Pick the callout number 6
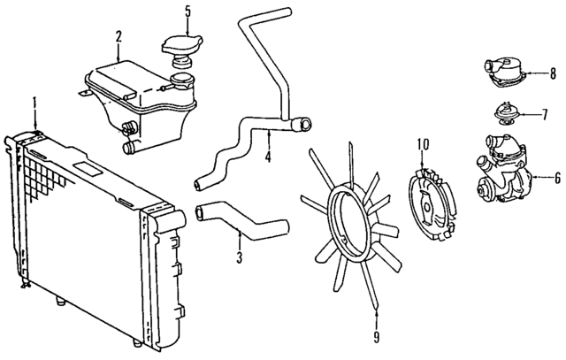coord(557,177)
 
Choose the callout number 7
coord(545,115)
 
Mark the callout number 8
coord(552,73)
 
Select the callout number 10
coord(422,143)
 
